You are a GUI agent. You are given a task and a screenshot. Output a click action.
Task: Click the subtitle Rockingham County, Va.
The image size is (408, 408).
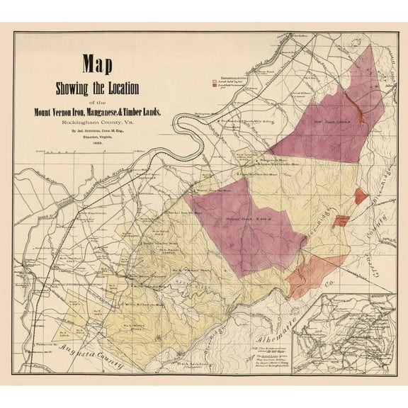coord(98,122)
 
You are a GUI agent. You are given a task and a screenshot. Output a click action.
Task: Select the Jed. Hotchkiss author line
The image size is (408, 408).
coord(97,131)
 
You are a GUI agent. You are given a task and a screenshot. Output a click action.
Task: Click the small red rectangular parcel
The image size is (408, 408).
coord(341,220)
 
